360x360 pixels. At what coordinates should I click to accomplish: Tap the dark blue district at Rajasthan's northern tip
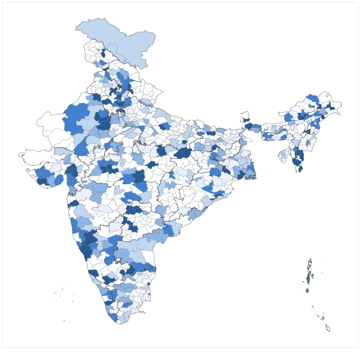tap(97, 97)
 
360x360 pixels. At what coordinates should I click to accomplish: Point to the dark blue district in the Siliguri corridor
tap(247, 126)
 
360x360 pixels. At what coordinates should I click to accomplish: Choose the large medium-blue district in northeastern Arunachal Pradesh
tap(313, 100)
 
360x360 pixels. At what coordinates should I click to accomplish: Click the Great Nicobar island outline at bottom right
tap(328, 328)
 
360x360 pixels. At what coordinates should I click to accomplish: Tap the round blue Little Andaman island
tap(307, 291)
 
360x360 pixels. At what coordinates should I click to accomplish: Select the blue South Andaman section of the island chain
tap(308, 278)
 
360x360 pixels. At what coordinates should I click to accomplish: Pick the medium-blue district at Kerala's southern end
tap(113, 317)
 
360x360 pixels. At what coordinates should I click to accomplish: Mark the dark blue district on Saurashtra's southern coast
tap(42, 181)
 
